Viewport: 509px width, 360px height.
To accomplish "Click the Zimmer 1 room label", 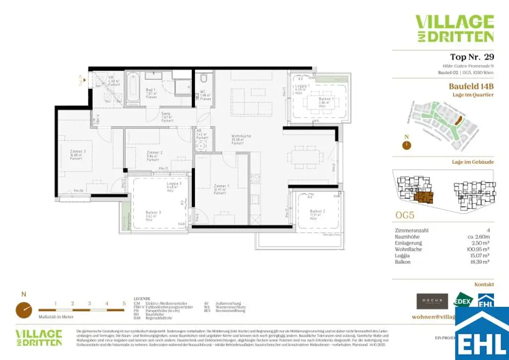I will pyautogui.click(x=222, y=186).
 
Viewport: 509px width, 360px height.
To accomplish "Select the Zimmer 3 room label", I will pyautogui.click(x=78, y=151).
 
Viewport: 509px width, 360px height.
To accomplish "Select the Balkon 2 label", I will pyautogui.click(x=317, y=211).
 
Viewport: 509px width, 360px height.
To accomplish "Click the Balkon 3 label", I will pyautogui.click(x=153, y=212).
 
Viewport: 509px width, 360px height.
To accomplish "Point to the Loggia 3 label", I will pyautogui.click(x=174, y=184).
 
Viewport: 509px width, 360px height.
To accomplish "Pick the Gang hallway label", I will pyautogui.click(x=166, y=114).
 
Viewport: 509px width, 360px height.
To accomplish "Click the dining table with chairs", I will pyautogui.click(x=305, y=154).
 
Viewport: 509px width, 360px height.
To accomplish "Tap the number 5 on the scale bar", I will pyautogui.click(x=123, y=303).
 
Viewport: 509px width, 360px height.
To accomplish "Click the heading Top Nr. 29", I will pyautogui.click(x=472, y=57).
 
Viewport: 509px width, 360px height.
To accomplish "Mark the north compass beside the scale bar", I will pyautogui.click(x=24, y=309).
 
